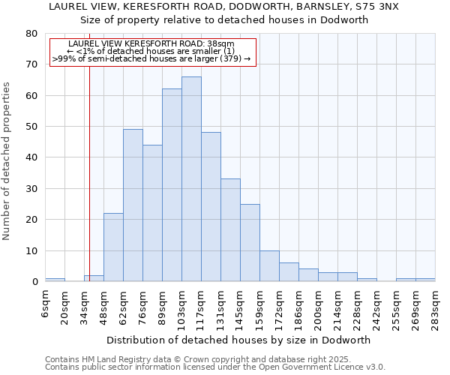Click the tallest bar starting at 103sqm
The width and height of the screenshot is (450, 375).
191,179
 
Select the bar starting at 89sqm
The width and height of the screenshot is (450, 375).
172,185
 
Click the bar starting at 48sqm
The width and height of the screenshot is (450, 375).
113,247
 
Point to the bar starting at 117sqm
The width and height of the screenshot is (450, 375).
211,207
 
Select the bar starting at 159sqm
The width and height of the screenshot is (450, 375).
269,266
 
